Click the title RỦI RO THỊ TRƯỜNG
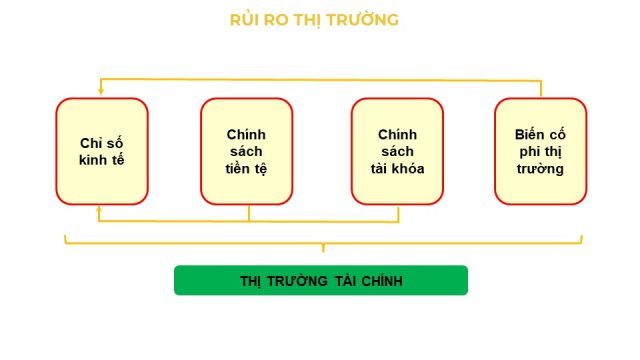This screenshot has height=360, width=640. click(314, 20)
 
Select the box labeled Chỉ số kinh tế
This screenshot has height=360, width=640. click(102, 151)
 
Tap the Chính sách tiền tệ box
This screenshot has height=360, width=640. click(247, 151)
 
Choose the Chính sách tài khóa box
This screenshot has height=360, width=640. click(397, 151)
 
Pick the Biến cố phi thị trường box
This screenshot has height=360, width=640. click(541, 151)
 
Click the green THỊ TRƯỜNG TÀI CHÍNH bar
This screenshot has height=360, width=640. click(321, 280)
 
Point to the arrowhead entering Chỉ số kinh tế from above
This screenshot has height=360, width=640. click(101, 92)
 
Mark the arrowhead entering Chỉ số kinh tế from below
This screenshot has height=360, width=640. click(99, 209)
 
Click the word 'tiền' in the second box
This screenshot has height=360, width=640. click(235, 169)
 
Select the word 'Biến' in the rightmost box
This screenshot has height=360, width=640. click(527, 134)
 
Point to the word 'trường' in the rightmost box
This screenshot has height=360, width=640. click(540, 169)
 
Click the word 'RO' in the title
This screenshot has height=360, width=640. click(277, 20)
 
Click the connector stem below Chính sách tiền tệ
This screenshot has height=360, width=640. click(249, 213)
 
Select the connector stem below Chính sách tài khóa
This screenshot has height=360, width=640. click(398, 214)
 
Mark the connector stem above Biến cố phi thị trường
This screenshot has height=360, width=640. click(541, 89)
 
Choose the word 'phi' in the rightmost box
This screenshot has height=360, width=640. click(529, 152)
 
